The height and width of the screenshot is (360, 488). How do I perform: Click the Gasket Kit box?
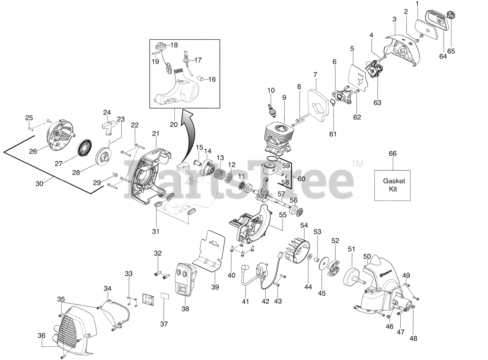(x=392, y=185)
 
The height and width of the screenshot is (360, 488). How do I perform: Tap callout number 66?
(x=392, y=154)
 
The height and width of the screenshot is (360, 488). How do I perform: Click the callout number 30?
(x=40, y=183)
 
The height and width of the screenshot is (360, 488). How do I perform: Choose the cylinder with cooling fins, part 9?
(x=278, y=135)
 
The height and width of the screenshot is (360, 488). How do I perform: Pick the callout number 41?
(x=246, y=302)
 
